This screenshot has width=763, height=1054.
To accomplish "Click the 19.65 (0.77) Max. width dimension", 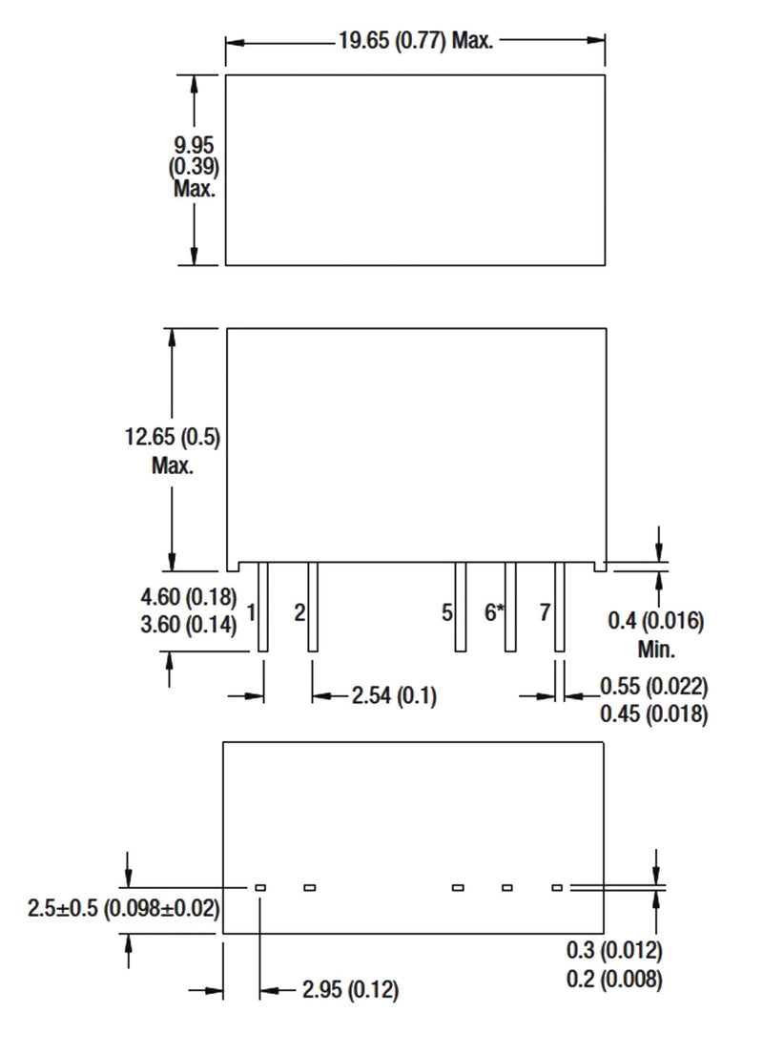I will click(415, 42).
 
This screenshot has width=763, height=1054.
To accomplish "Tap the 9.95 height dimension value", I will click(195, 146).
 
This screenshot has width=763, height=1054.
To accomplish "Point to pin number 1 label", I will click(250, 611).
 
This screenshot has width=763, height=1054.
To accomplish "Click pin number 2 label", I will click(299, 611).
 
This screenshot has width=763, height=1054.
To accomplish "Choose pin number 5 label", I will click(446, 611).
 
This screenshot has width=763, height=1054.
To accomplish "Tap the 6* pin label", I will click(493, 611).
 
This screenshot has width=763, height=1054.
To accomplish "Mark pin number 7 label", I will click(545, 611).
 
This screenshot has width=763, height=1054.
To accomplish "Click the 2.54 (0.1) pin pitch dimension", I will click(394, 696).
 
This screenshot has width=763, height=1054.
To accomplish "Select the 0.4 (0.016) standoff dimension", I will click(655, 622).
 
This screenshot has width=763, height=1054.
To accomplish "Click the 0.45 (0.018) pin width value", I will click(653, 714).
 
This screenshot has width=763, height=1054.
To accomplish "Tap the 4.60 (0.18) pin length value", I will click(188, 598).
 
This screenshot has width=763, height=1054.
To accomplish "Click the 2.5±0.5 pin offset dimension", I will click(124, 909).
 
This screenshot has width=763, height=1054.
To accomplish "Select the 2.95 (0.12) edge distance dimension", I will click(350, 991).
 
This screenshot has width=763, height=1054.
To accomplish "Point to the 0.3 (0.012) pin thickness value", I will click(614, 951).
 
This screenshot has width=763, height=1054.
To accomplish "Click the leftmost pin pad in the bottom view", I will click(260, 888).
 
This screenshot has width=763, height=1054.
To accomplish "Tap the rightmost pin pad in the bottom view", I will click(557, 888).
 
